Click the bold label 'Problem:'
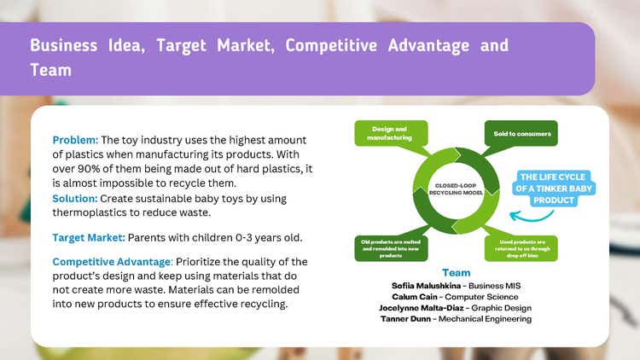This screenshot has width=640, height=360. click(75, 140)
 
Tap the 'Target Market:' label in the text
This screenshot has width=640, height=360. click(89, 237)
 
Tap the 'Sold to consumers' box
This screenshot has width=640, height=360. click(521, 134)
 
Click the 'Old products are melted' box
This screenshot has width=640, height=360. click(389, 247)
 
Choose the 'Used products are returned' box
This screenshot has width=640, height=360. click(521, 247)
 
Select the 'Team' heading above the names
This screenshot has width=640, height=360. click(456, 273)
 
